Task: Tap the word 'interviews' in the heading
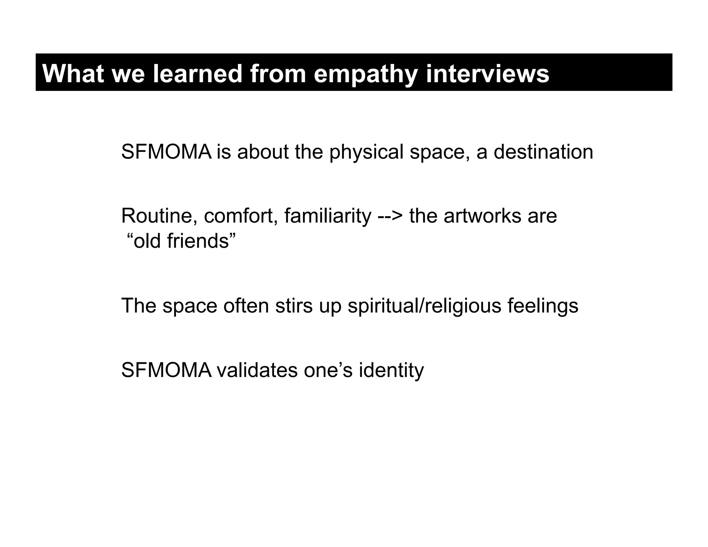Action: click(x=487, y=74)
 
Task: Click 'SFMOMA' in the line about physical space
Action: click(x=166, y=152)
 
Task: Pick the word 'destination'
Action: click(x=543, y=152)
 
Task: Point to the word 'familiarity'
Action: click(x=327, y=216)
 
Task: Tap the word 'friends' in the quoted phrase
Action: click(x=198, y=241)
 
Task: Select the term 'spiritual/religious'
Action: click(x=424, y=306)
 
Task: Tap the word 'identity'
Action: click(x=391, y=371)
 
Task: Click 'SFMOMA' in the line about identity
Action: click(x=166, y=370)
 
